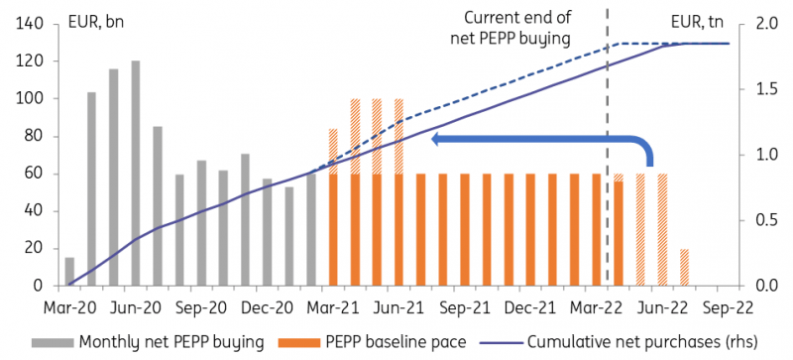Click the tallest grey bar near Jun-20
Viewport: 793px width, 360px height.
tap(135, 174)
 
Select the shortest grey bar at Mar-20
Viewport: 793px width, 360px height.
tap(69, 272)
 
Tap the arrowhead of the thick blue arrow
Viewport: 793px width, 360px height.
tap(437, 140)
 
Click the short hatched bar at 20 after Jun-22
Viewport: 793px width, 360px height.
tap(684, 268)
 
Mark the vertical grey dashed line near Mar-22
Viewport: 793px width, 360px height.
tap(607, 149)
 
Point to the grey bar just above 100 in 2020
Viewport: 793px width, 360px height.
tap(91, 189)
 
